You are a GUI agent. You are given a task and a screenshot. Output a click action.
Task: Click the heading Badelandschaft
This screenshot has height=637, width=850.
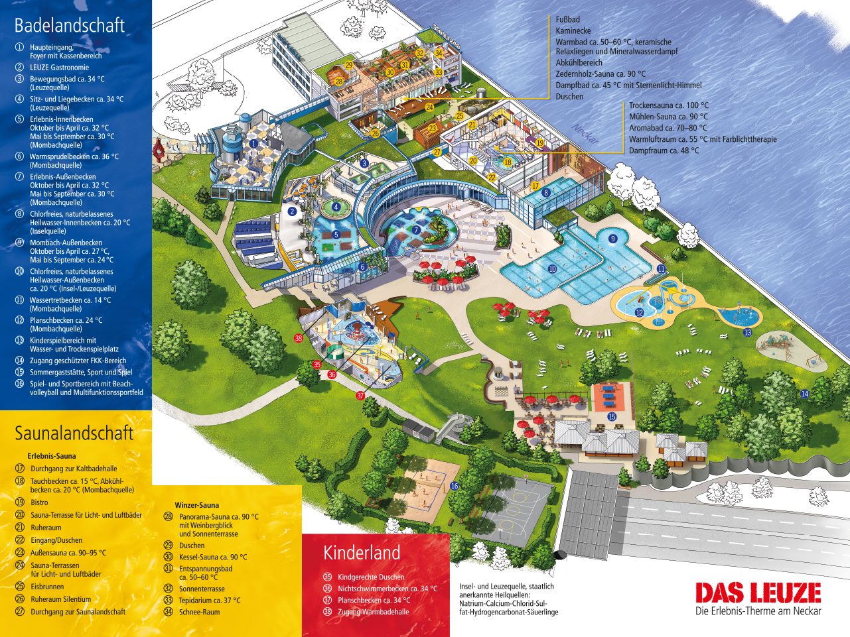[x=70, y=25]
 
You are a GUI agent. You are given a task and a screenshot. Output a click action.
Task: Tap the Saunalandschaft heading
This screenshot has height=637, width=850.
[x=74, y=433]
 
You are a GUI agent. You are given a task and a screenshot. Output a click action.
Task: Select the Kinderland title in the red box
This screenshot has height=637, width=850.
[x=362, y=553]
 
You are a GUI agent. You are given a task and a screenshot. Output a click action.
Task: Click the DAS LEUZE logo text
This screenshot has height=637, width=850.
[x=758, y=593]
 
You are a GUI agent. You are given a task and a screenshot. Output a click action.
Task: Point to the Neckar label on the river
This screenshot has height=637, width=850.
[x=585, y=133]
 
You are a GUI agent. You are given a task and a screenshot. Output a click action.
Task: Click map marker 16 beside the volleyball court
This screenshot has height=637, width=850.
[x=455, y=486]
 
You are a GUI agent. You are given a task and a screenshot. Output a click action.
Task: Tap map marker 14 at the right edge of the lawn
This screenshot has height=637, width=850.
[x=805, y=394]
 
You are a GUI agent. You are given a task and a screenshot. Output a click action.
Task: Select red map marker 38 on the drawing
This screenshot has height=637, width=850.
[x=299, y=338]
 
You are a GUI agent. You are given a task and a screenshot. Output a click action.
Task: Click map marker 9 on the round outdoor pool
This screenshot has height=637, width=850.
[x=613, y=239]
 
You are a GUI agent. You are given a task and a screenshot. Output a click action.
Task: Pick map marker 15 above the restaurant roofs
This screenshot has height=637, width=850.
[x=612, y=417]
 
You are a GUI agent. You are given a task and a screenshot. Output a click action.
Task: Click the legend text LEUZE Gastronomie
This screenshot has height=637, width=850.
[x=59, y=68]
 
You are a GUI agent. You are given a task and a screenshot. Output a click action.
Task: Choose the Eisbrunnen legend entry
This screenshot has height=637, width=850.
[x=47, y=587]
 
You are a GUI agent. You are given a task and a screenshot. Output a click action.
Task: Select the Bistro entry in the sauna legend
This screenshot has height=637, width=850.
[x=39, y=502]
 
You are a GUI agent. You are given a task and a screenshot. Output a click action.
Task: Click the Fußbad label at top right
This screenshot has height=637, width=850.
[x=568, y=20]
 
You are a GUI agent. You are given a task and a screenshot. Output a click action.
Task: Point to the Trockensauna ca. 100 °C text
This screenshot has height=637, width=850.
[x=668, y=105]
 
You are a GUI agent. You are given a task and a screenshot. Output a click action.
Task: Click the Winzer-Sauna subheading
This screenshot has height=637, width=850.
[x=196, y=505]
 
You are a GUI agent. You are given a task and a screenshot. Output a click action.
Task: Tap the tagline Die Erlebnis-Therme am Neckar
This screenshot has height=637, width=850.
[x=758, y=611]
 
